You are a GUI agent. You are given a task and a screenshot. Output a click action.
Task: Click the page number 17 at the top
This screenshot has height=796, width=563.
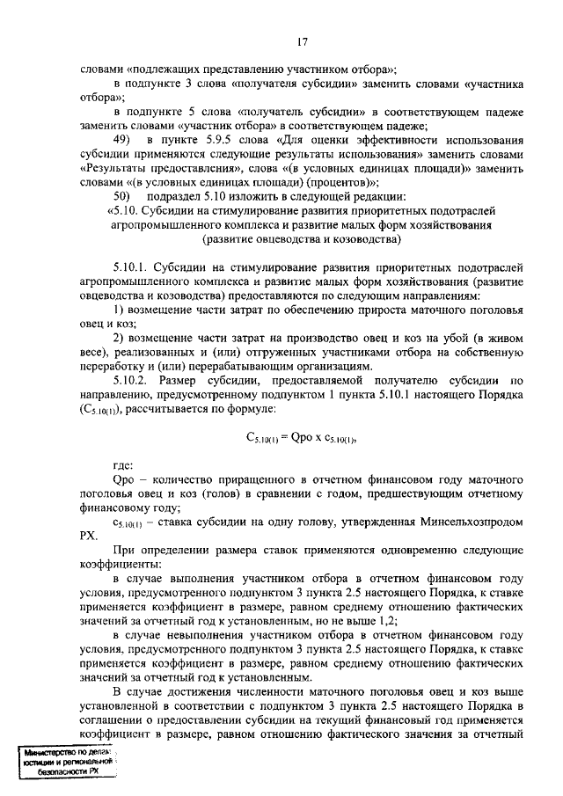(302, 41)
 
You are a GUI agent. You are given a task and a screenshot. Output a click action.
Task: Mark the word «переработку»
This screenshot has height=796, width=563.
(115, 365)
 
